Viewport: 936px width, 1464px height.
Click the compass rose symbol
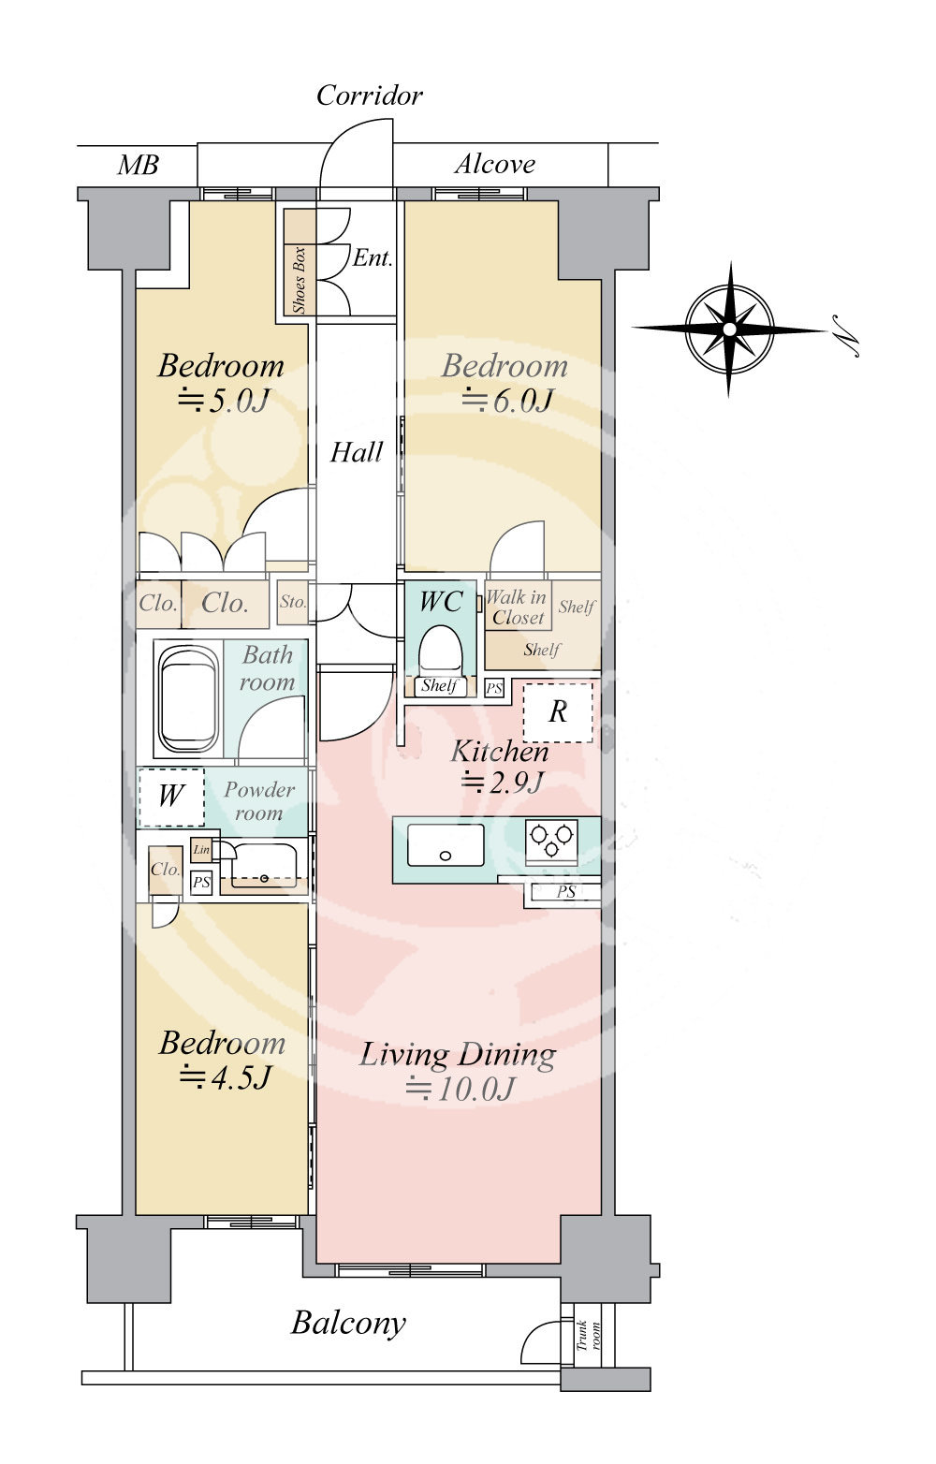(729, 329)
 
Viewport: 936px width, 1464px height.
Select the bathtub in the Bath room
(189, 699)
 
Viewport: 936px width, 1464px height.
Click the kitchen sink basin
(446, 845)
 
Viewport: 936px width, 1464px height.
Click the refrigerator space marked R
(558, 712)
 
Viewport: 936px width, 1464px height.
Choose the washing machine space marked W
(170, 797)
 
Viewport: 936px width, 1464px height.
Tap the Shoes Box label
(299, 281)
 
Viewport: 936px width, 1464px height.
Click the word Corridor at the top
(370, 96)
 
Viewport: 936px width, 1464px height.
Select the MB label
(138, 166)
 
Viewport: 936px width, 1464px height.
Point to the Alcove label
(495, 164)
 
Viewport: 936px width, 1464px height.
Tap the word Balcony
(348, 1324)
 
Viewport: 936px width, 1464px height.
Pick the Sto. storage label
(293, 601)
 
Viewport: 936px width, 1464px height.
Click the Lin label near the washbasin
(201, 850)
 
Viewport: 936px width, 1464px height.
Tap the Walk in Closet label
(517, 608)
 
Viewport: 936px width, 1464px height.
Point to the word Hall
(357, 452)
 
